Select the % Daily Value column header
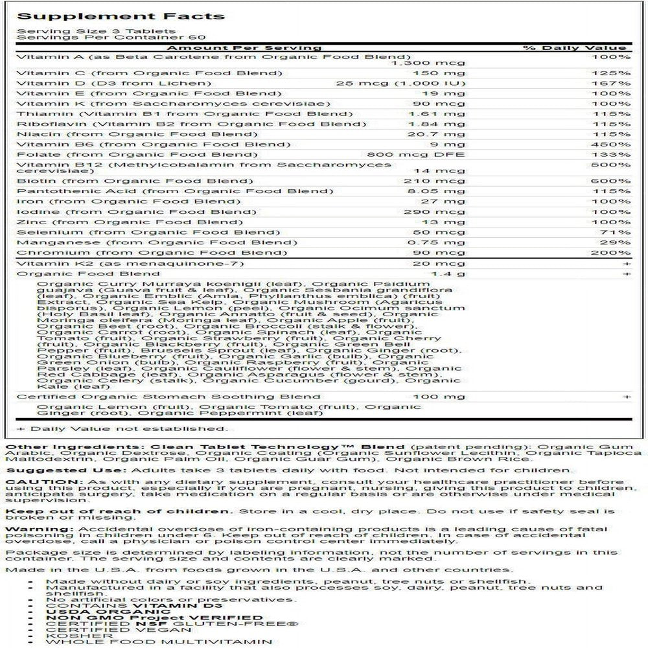575,47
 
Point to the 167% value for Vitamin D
615,83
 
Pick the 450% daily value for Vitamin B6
615,145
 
